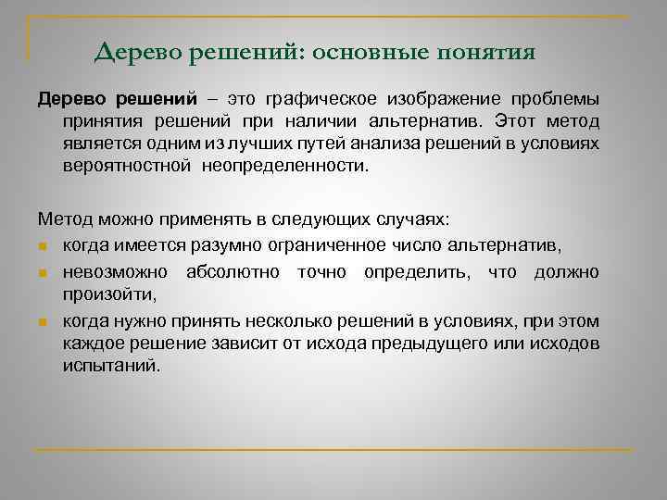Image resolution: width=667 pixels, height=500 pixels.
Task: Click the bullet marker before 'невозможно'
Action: click(x=43, y=273)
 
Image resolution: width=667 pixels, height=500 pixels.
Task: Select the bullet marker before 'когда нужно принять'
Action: click(x=43, y=321)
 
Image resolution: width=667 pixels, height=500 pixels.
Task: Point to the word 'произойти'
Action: click(x=108, y=294)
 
